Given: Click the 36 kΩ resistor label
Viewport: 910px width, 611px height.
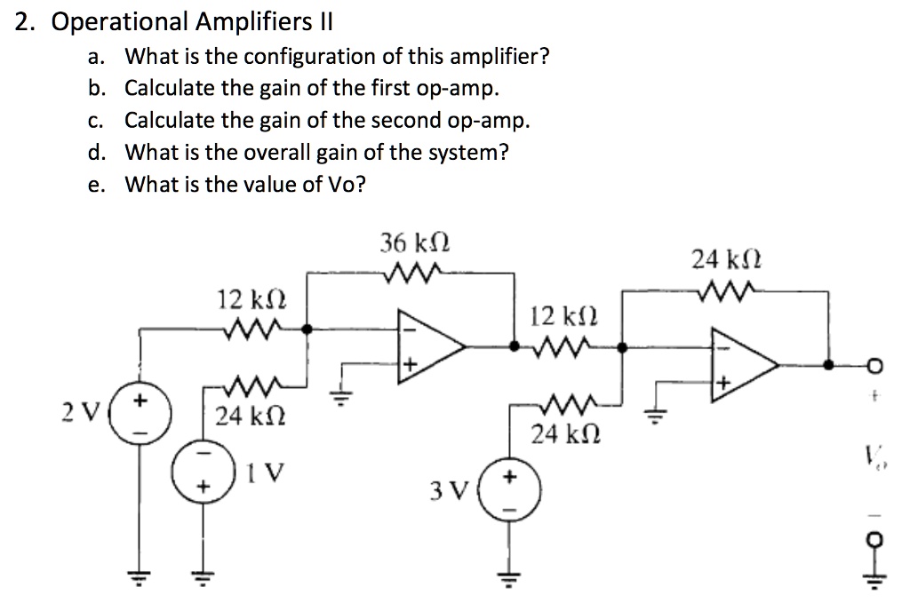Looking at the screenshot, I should (x=414, y=242).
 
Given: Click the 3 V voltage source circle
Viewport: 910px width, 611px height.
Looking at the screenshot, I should (x=509, y=489).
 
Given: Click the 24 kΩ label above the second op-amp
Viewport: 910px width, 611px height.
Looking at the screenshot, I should (x=726, y=260).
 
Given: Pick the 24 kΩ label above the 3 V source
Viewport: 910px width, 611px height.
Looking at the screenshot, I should (x=560, y=434).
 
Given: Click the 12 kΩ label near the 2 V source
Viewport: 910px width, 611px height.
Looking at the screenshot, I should (x=246, y=299).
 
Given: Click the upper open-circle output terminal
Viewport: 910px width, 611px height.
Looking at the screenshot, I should (x=875, y=365).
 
